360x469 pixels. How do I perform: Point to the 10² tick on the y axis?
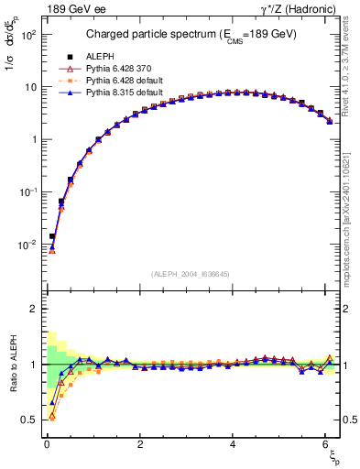coord(29,35)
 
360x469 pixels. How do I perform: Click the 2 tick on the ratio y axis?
coord(32,309)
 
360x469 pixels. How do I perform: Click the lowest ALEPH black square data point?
coord(52,236)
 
